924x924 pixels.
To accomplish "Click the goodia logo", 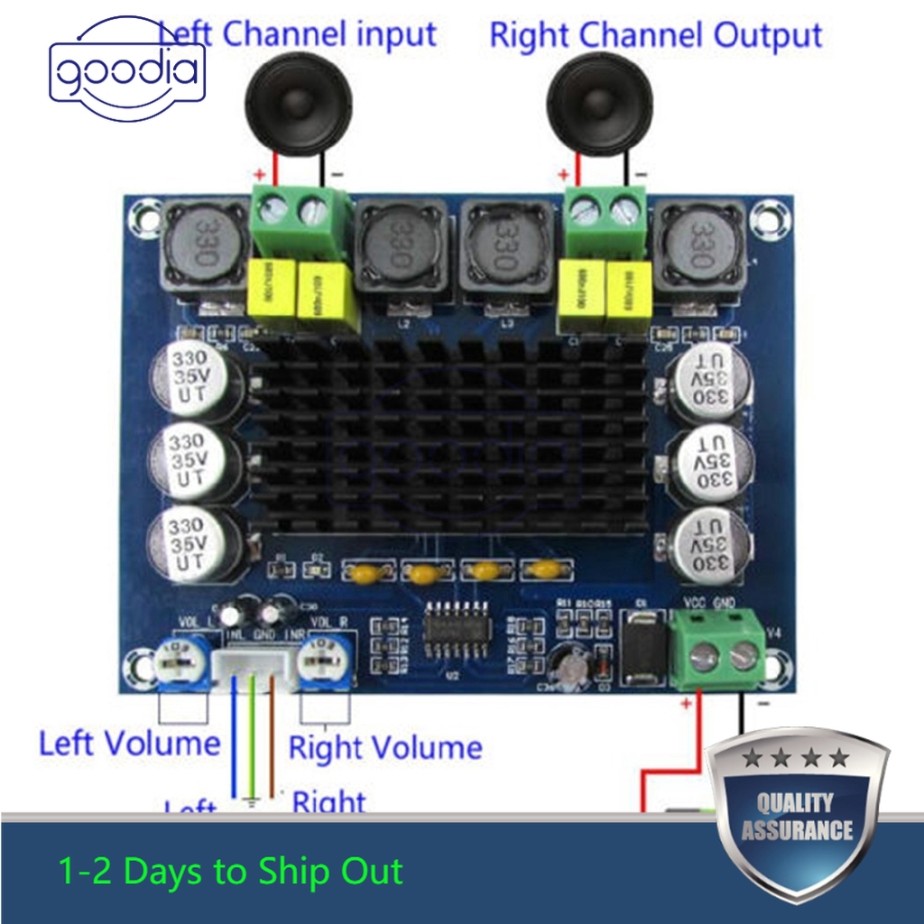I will tap(126, 71).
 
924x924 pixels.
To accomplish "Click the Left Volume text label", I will tap(129, 744).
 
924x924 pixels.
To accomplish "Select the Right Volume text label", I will tap(385, 748).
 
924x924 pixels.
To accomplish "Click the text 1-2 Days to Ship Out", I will tap(230, 872).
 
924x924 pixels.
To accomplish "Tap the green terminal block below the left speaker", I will tap(301, 220).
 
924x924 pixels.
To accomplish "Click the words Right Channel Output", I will tap(655, 36).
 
